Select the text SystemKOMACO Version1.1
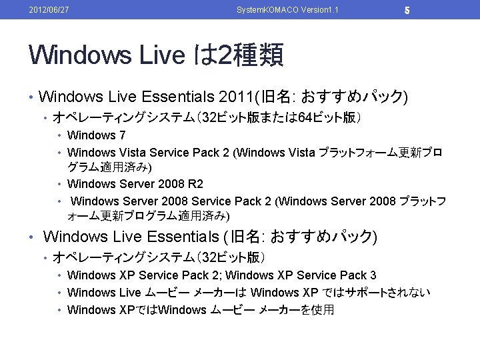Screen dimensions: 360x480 click(x=283, y=9)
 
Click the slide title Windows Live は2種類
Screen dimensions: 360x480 click(x=156, y=55)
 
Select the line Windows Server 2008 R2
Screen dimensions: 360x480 click(x=135, y=183)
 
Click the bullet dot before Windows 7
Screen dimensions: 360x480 click(x=60, y=136)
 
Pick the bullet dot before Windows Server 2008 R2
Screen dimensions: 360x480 click(x=60, y=184)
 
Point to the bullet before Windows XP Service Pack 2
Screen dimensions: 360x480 click(x=60, y=275)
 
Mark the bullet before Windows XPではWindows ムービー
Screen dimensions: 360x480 click(x=60, y=310)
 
